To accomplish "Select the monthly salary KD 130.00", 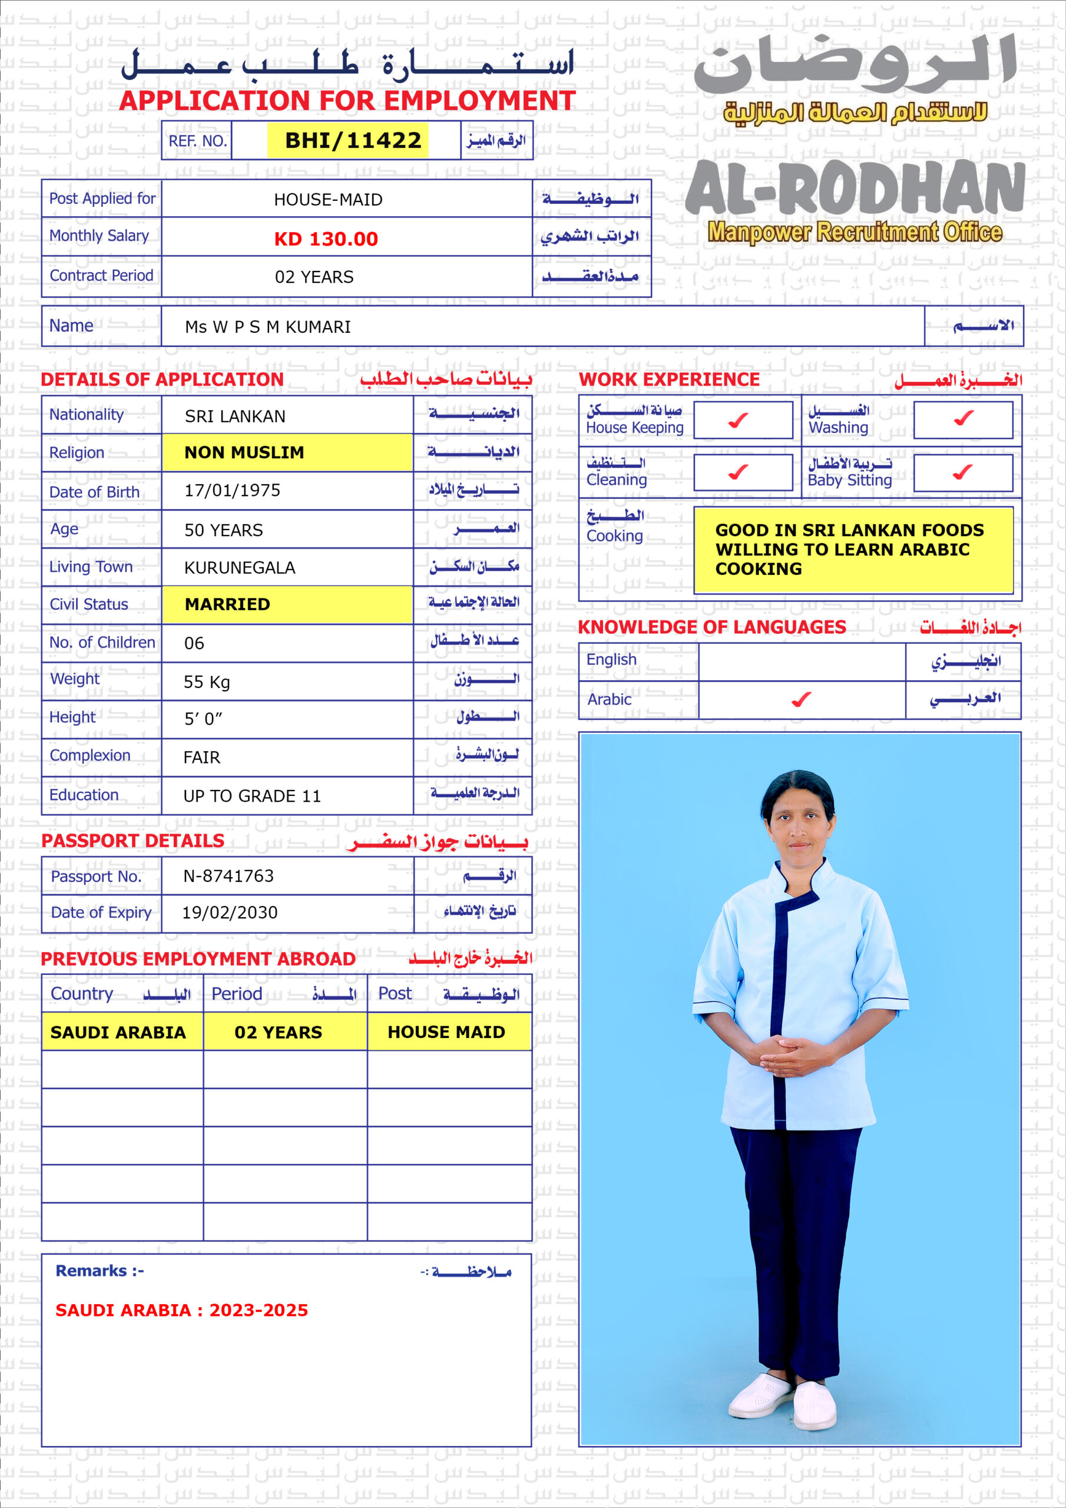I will click(326, 239).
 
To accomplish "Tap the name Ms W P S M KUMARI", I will click(268, 326).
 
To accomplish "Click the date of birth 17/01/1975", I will click(232, 490).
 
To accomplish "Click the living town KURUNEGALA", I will click(239, 567).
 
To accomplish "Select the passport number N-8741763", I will click(228, 875).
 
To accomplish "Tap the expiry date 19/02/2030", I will click(229, 912).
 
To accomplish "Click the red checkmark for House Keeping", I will click(739, 419).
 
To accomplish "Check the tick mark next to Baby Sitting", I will click(962, 472).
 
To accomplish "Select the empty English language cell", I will click(802, 662).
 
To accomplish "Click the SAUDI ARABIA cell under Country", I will click(118, 1032).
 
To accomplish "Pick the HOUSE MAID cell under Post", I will click(446, 1032).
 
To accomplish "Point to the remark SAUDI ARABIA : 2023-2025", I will click(181, 1310).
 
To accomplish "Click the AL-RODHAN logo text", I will click(854, 188).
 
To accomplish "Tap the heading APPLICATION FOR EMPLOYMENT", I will click(347, 101).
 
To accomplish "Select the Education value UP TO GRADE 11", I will click(251, 796).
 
